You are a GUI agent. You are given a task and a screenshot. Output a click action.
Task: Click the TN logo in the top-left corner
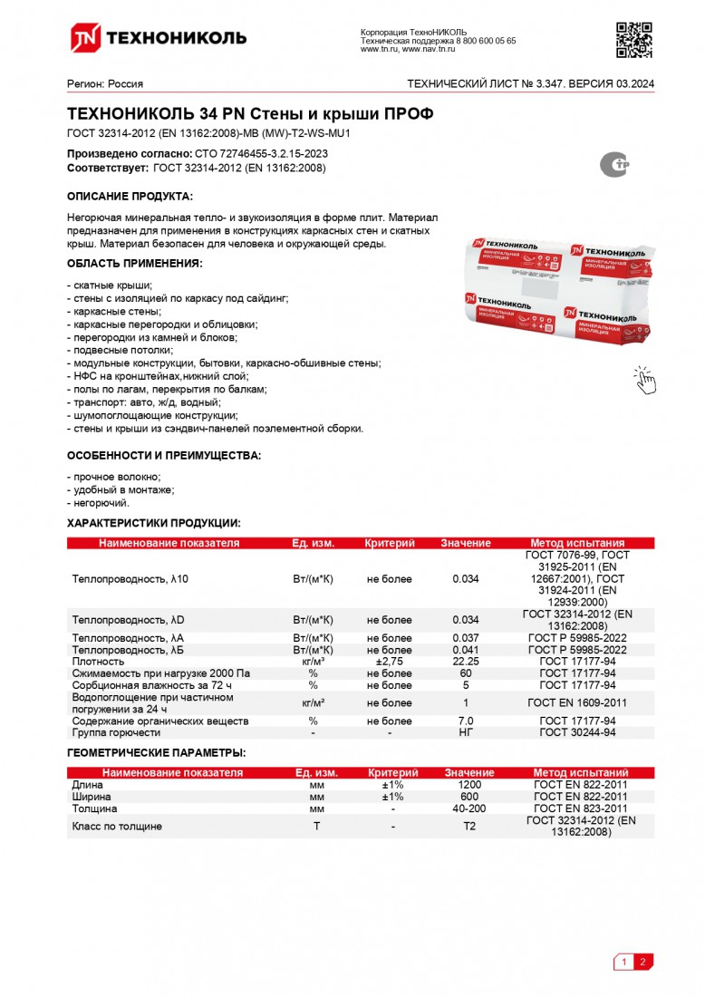pos(85,37)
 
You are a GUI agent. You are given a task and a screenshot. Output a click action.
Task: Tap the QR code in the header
pos(634,38)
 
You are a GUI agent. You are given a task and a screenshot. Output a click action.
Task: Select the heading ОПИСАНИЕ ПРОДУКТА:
pos(130,197)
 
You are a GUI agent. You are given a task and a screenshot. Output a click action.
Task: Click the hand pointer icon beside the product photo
pos(644,380)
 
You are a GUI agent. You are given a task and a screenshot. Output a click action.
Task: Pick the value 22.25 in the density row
pos(465,662)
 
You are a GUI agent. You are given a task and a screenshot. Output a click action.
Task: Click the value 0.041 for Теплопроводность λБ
pos(465,650)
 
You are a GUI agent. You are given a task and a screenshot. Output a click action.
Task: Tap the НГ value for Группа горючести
pos(466,732)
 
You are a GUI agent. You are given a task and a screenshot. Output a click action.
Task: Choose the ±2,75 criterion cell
pos(390,662)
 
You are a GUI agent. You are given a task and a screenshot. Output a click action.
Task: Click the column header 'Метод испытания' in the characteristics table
pos(577,543)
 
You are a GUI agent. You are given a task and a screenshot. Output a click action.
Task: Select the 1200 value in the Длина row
pos(468,784)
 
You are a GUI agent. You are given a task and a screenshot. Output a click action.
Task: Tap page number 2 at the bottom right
pos(642,963)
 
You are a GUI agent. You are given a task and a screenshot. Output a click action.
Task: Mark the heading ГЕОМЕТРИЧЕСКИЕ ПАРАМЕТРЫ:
pos(156,753)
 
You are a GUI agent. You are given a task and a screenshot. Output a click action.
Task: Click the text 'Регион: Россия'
pos(105,84)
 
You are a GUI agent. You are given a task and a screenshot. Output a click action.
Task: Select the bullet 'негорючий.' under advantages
pos(100,502)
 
